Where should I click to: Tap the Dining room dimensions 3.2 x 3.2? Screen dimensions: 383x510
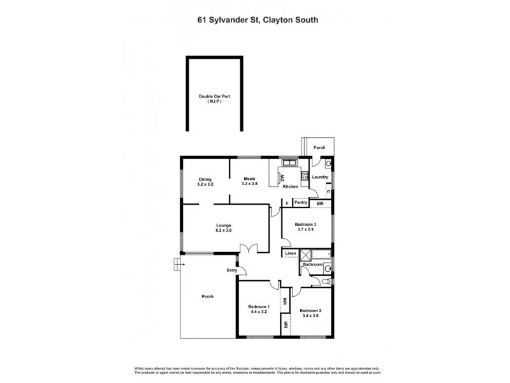(x=205, y=184)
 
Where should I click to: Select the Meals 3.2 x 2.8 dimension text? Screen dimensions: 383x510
(x=249, y=184)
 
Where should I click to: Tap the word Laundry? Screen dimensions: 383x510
(x=320, y=177)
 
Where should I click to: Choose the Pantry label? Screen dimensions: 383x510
(x=301, y=203)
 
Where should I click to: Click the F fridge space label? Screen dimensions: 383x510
(x=288, y=203)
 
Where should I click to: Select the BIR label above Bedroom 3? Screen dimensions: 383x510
(x=320, y=203)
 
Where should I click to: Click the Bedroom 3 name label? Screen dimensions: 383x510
(x=305, y=225)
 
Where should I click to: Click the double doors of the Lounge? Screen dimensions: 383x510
(x=254, y=249)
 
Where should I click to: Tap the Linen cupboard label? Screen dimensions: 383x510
(x=290, y=253)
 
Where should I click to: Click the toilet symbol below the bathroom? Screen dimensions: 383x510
(x=326, y=279)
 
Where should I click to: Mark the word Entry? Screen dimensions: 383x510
(x=231, y=271)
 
